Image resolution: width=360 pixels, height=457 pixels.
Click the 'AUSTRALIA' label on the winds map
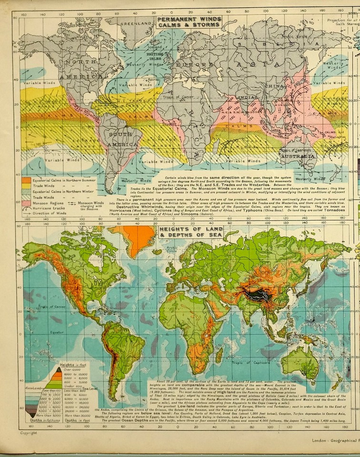point(298,156)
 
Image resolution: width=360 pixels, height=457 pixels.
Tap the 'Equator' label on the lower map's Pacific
point(44,332)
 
